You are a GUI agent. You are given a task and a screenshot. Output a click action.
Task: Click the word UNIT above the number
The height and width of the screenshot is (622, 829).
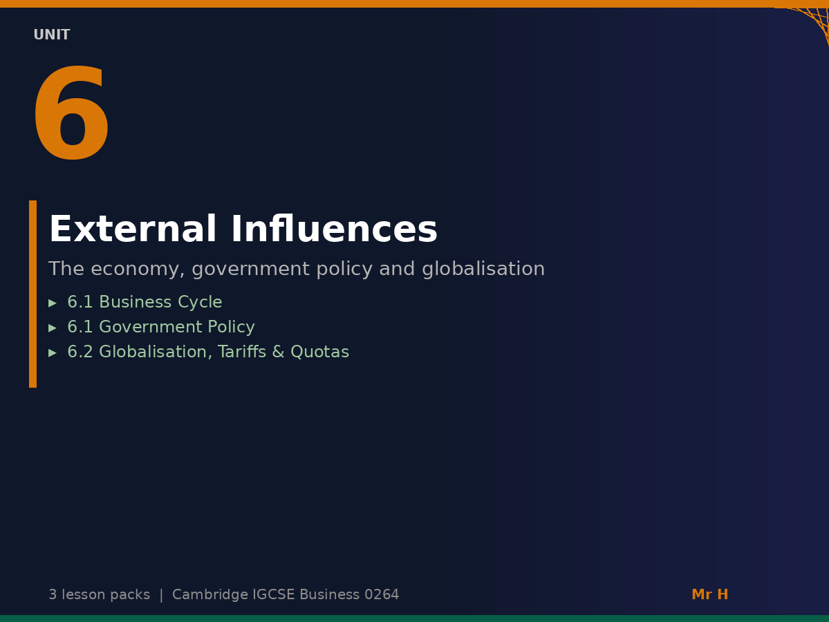coord(52,35)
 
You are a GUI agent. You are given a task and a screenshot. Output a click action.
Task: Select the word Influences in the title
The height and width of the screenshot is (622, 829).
coord(334,230)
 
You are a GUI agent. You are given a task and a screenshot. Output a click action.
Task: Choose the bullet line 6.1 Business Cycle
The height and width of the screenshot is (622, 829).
coord(145,303)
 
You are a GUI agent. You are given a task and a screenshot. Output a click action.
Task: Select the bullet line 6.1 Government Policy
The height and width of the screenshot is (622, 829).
coord(161,328)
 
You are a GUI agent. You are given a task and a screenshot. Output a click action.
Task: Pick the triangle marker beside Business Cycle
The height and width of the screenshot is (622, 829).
coord(53,303)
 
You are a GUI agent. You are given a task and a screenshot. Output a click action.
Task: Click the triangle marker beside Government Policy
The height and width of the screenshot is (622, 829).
coord(53,328)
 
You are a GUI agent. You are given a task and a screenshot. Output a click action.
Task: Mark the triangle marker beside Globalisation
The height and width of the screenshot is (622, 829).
coord(53,353)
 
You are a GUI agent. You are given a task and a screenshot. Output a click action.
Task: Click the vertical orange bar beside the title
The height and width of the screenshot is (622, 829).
coord(32,294)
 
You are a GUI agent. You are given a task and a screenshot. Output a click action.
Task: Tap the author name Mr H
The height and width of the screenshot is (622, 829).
coord(709,595)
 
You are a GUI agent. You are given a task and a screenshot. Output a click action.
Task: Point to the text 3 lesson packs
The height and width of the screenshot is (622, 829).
coord(99,595)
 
